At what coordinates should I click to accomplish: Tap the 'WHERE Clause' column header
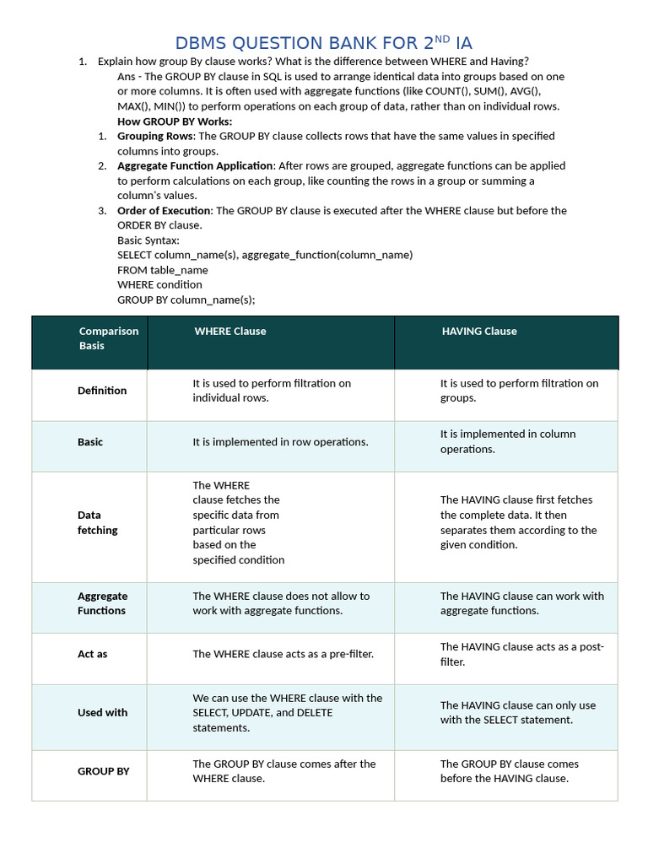point(229,332)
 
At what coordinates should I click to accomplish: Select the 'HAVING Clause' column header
point(479,332)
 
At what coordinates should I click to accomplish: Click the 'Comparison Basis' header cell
point(109,338)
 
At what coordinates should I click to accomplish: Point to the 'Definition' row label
point(102,391)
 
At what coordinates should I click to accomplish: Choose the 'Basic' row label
point(90,442)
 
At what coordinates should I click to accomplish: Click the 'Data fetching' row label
point(98,522)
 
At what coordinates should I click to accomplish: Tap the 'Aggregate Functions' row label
point(102,603)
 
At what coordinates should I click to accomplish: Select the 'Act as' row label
point(93,654)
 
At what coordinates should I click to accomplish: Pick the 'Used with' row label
point(103,713)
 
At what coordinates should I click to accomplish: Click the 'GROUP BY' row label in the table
point(104,771)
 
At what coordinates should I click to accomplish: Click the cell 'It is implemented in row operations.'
point(280,442)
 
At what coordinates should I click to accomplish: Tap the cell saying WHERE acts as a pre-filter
point(283,654)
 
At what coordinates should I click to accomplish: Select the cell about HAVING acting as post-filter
point(521,655)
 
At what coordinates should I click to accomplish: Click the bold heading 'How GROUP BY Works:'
point(175,121)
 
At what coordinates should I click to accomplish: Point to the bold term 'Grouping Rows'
point(155,136)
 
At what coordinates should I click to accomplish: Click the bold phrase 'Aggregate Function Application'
point(195,166)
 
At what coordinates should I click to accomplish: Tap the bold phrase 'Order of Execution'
point(165,211)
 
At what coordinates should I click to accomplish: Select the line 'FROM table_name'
point(163,270)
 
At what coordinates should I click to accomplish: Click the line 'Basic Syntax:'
point(148,240)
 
